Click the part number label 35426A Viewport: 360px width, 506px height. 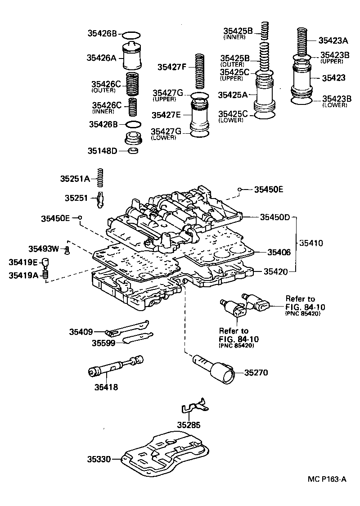coord(102,57)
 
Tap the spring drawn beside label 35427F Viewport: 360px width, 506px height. coord(200,71)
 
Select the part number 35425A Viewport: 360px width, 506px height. coord(233,95)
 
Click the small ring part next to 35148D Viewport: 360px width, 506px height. coord(133,150)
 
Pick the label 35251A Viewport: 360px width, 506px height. coord(76,179)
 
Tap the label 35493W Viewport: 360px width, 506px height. coord(44,248)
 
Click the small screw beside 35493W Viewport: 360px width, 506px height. coord(67,250)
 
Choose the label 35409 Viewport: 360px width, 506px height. coord(81,332)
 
